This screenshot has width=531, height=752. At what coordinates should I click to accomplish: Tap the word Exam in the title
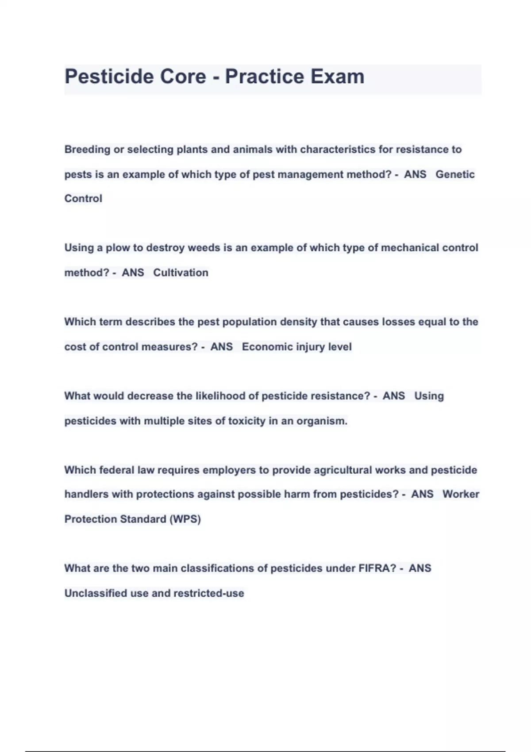(337, 77)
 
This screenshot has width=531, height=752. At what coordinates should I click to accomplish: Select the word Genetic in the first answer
(455, 174)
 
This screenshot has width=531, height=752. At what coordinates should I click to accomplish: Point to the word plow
(118, 248)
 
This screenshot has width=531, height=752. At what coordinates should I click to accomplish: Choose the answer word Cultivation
(181, 272)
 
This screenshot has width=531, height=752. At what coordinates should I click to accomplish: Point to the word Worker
(461, 494)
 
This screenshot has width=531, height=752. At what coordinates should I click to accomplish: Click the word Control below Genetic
(83, 199)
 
